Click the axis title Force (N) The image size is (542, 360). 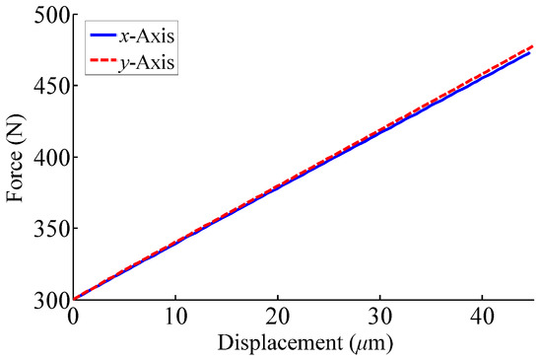coord(15,156)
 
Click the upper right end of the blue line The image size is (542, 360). coord(533,52)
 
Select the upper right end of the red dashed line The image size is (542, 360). coord(533,45)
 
